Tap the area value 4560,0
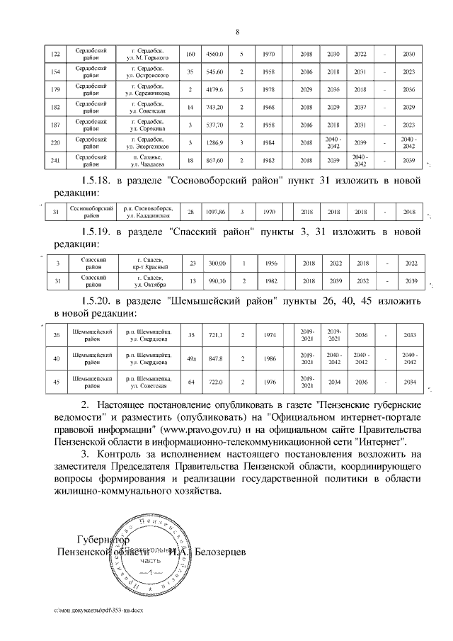(214, 54)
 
